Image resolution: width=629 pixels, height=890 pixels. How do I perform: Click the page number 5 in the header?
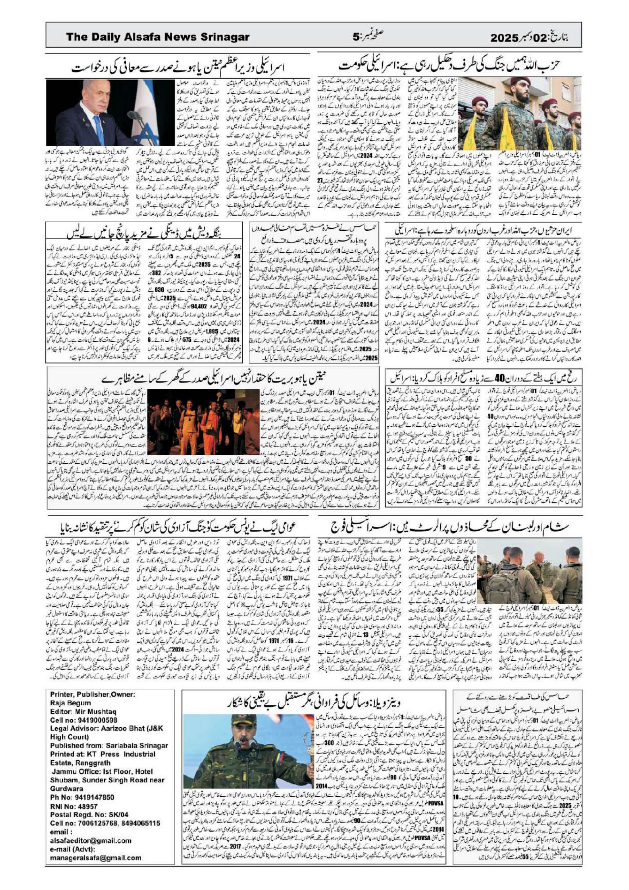point(356,38)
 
